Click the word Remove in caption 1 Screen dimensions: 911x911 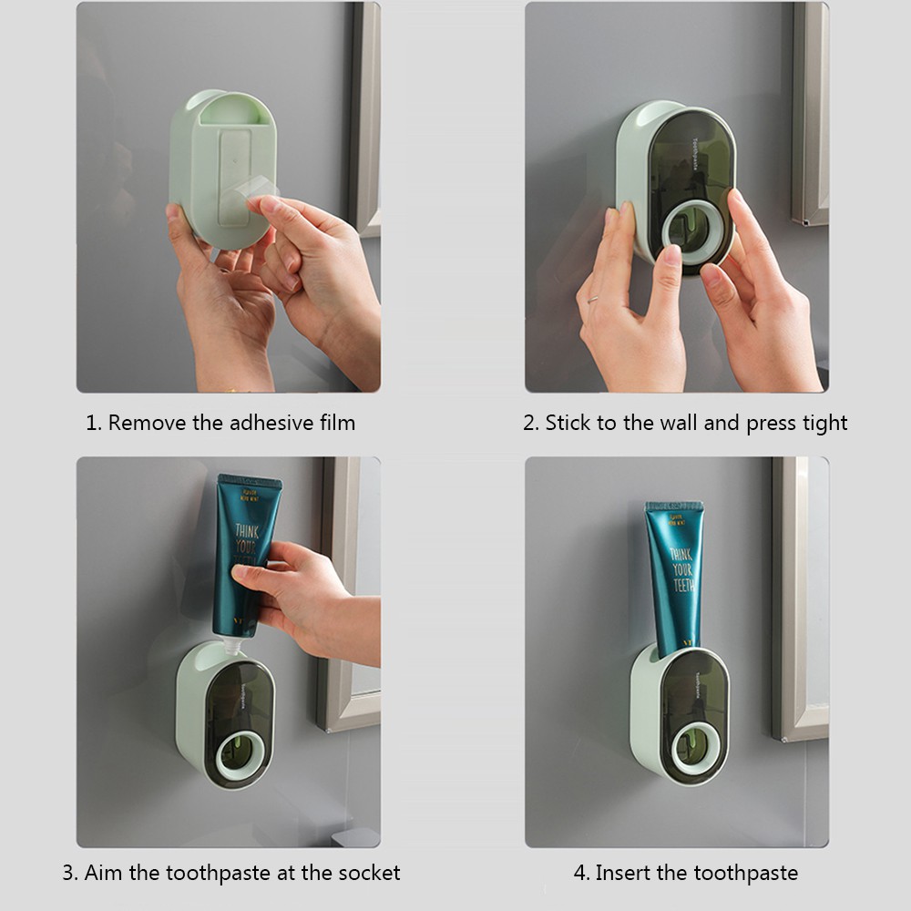click(142, 423)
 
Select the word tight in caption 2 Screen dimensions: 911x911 click(824, 423)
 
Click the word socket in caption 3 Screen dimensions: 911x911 click(370, 873)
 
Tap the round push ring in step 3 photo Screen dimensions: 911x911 click(240, 755)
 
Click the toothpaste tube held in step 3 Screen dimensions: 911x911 click(244, 547)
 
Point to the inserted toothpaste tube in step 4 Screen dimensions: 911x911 click(675, 574)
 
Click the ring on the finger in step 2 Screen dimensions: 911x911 click(592, 298)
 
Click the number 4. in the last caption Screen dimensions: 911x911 click(581, 873)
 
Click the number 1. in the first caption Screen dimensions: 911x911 click(92, 423)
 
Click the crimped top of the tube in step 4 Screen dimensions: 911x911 click(675, 507)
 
